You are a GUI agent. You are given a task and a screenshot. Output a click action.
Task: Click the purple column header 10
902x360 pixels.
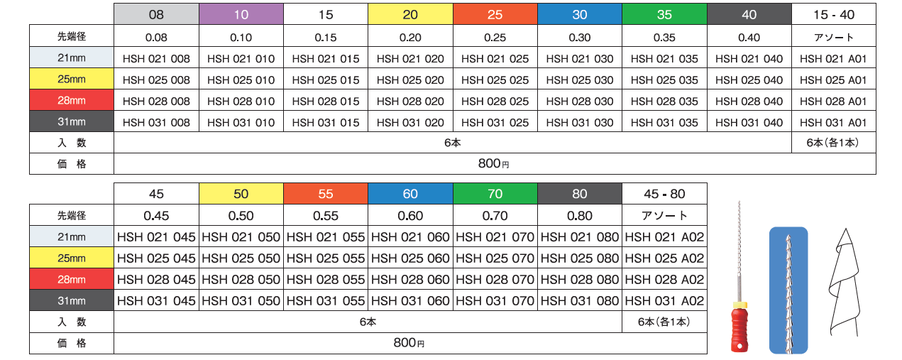pyautogui.click(x=241, y=14)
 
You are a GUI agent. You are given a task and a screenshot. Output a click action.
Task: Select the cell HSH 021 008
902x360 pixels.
pyautogui.click(x=156, y=59)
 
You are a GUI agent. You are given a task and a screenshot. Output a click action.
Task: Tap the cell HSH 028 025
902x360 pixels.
pyautogui.click(x=495, y=102)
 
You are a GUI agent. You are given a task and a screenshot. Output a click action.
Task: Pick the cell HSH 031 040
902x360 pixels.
pyautogui.click(x=749, y=123)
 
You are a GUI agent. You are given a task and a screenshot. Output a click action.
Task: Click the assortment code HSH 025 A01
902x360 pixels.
pyautogui.click(x=833, y=80)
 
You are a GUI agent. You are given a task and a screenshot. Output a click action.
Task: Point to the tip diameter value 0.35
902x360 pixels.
pyautogui.click(x=664, y=38)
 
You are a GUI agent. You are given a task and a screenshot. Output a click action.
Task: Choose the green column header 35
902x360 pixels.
pyautogui.click(x=664, y=14)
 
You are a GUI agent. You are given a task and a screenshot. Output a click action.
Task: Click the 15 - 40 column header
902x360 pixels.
pyautogui.click(x=833, y=14)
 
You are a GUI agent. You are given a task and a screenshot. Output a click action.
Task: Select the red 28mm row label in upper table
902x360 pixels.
pyautogui.click(x=72, y=102)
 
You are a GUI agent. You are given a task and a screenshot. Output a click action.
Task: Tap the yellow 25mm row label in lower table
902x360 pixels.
pyautogui.click(x=72, y=258)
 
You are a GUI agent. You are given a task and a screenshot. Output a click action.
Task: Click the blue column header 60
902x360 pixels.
pyautogui.click(x=410, y=194)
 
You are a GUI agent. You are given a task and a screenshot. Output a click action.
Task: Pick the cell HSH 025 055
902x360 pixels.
pyautogui.click(x=326, y=258)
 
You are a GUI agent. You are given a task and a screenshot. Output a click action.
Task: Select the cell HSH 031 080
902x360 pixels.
pyautogui.click(x=580, y=301)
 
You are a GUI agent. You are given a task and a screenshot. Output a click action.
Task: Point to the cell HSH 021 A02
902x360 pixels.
pyautogui.click(x=664, y=237)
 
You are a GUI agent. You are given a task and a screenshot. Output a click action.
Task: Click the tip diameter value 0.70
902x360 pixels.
pyautogui.click(x=495, y=216)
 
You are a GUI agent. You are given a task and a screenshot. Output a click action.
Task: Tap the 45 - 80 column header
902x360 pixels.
pyautogui.click(x=664, y=194)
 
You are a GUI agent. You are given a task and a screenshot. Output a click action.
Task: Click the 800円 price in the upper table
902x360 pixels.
pyautogui.click(x=494, y=164)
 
